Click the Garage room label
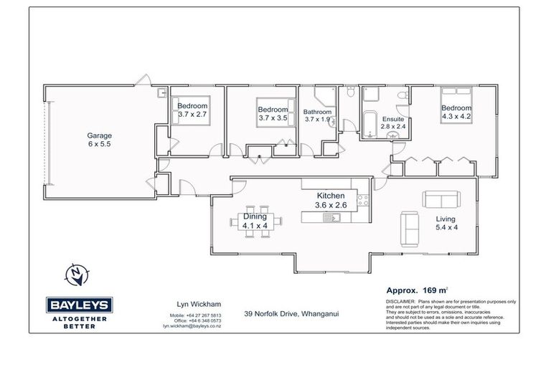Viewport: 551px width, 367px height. tap(100, 135)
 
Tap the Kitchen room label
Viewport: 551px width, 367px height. tap(331, 196)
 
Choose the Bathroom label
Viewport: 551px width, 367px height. tap(317, 112)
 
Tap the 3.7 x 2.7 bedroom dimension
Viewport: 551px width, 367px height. tap(192, 114)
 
